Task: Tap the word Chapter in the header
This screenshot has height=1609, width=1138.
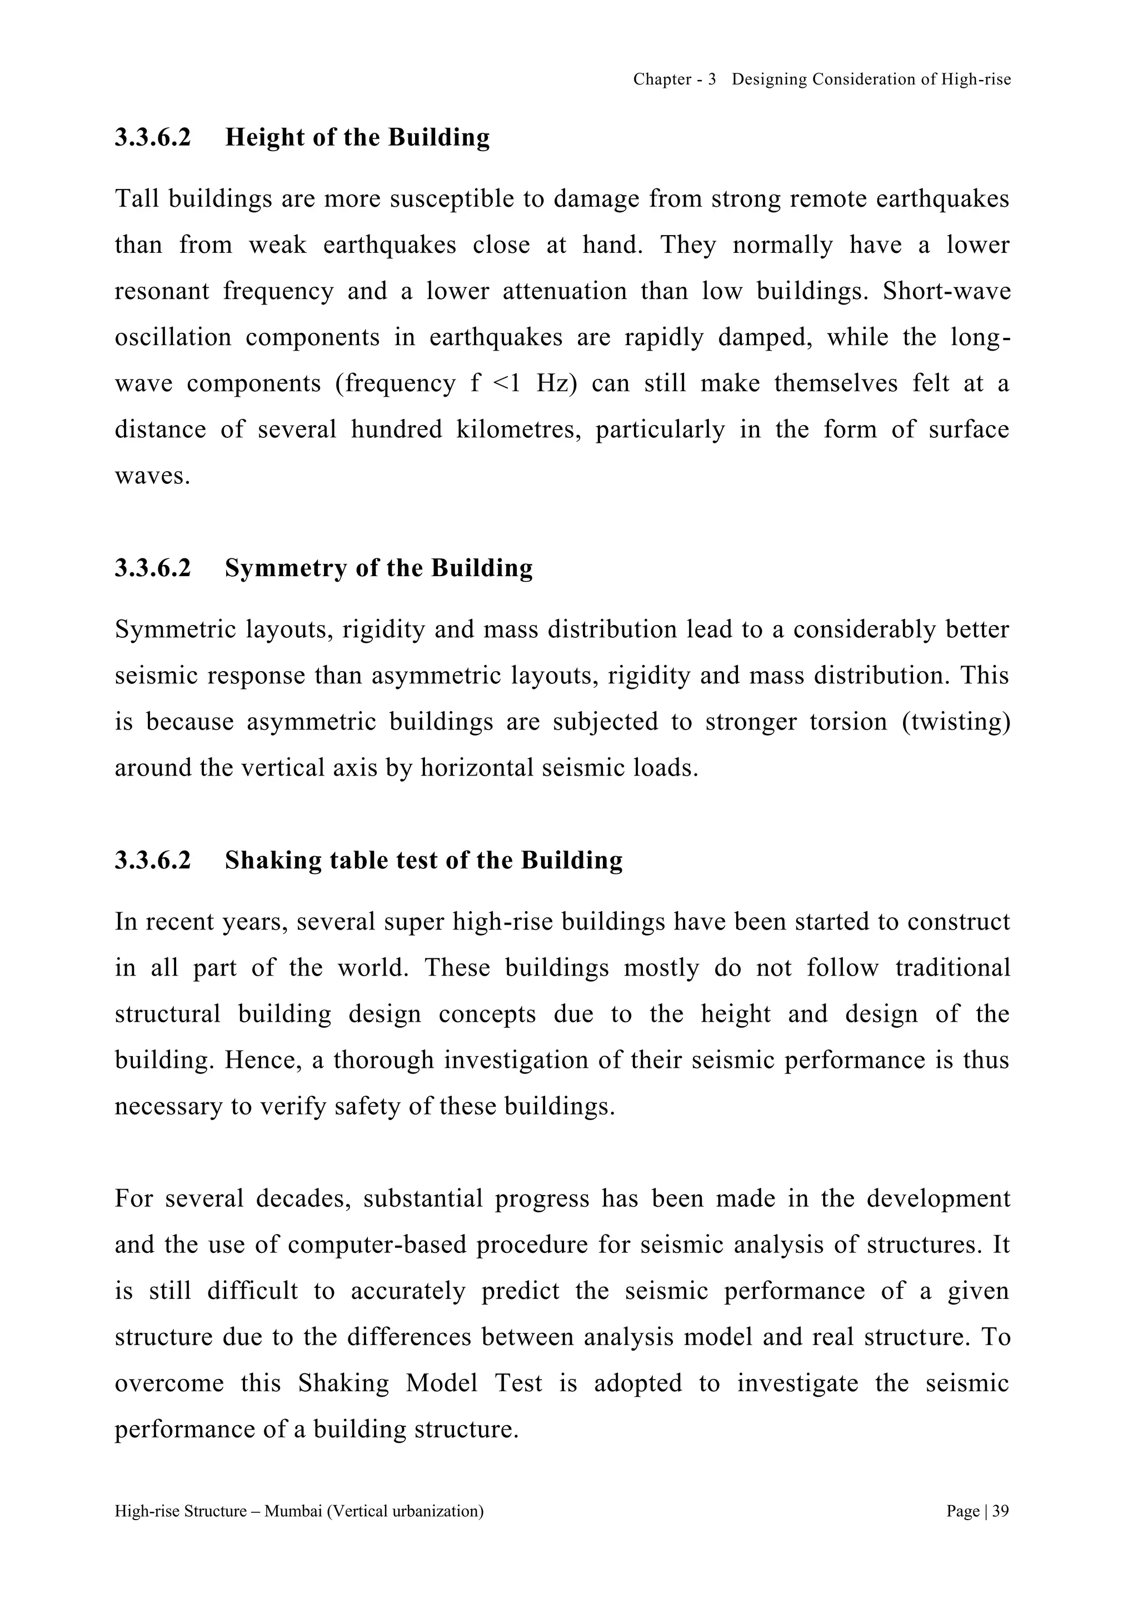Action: pyautogui.click(x=662, y=80)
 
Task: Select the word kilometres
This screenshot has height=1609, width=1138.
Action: pyautogui.click(x=518, y=429)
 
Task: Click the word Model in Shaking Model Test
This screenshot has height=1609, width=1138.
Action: pyautogui.click(x=441, y=1383)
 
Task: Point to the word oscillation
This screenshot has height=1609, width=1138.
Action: pyautogui.click(x=172, y=338)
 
